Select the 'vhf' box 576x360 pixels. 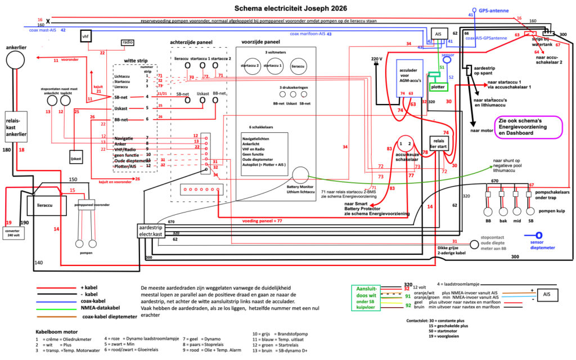(x=85, y=37)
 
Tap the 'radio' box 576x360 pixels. (x=127, y=42)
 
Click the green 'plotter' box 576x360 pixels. (x=438, y=87)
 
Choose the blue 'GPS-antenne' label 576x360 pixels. (x=494, y=11)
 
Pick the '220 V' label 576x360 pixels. (x=377, y=59)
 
